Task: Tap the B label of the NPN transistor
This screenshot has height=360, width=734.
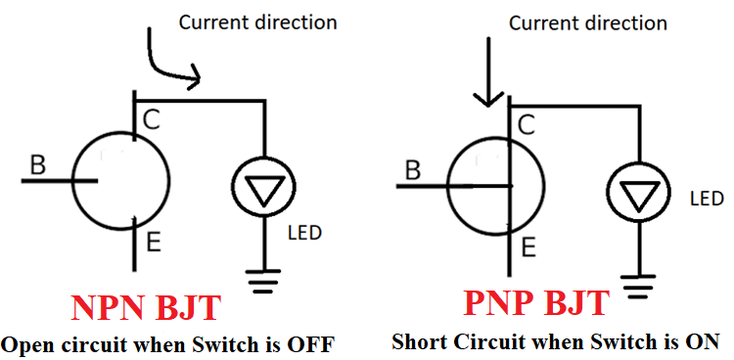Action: [37, 166]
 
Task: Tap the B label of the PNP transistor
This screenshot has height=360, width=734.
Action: [413, 171]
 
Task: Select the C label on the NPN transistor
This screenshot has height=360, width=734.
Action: [152, 119]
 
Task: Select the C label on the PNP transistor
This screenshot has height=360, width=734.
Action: [526, 125]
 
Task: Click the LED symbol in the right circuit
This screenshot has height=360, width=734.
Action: [638, 198]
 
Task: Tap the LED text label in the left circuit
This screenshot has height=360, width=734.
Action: [305, 233]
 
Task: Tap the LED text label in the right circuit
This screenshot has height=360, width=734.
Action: [706, 199]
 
